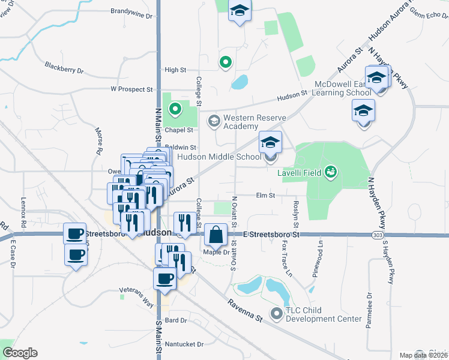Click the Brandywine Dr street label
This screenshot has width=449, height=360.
[132, 11]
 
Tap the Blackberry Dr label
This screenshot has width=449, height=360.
[64, 67]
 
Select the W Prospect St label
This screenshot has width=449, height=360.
[131, 89]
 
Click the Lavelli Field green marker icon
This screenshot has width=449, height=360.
[330, 173]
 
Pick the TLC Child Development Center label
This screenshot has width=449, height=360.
[324, 314]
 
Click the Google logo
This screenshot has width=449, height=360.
[20, 353]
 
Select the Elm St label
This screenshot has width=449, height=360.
[265, 195]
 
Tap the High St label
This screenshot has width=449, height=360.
[175, 70]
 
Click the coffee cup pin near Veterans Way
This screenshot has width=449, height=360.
[165, 278]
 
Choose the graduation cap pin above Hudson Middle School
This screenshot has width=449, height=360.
[270, 142]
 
